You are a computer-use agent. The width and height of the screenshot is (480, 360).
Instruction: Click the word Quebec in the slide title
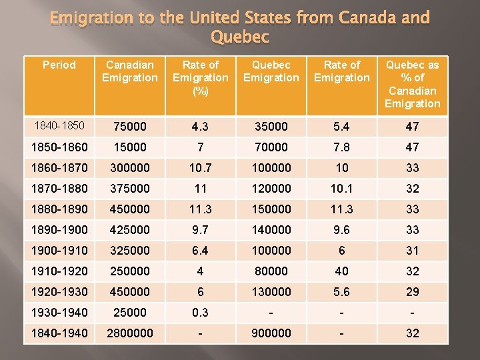click(239, 37)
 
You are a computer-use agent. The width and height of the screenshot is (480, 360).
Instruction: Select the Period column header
click(59, 65)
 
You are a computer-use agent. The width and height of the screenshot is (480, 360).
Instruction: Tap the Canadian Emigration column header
click(130, 71)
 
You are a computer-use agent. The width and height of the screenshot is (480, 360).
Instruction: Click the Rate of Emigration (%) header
click(200, 77)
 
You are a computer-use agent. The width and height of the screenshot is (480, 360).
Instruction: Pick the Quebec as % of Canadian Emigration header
click(412, 84)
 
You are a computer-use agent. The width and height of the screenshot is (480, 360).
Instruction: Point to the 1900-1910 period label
click(59, 251)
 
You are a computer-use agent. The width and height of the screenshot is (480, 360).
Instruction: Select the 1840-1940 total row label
click(59, 333)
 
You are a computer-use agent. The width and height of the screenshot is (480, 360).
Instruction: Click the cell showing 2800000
click(130, 333)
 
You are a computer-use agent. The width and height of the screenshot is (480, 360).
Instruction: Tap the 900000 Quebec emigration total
click(271, 333)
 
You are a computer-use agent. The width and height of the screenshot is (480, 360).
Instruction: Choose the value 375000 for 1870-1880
click(130, 189)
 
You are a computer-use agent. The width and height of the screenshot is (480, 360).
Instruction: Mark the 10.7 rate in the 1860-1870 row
click(200, 168)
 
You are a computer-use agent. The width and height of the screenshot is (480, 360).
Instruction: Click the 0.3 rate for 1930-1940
click(200, 313)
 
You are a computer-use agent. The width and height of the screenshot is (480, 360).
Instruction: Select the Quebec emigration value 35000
click(271, 127)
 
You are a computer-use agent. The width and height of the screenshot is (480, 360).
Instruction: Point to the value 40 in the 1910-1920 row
click(341, 271)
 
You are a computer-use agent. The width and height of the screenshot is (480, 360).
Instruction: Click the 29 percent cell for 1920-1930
click(412, 292)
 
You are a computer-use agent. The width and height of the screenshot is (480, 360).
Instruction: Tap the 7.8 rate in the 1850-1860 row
click(341, 147)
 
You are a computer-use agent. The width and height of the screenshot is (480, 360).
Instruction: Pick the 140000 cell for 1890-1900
click(271, 230)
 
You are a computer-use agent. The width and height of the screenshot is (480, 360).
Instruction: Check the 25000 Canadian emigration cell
click(130, 313)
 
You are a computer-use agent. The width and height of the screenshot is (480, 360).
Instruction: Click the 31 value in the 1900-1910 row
click(412, 251)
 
